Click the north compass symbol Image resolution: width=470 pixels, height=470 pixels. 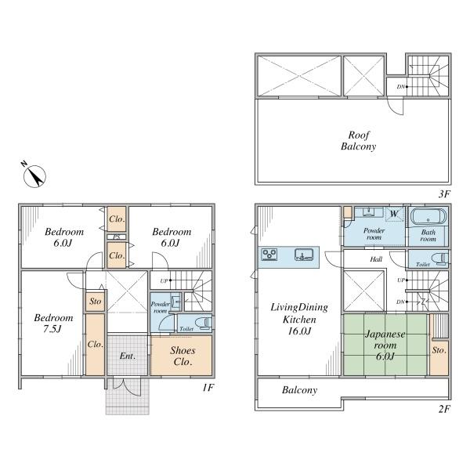click(34, 176)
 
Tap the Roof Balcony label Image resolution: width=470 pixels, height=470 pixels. click(359, 140)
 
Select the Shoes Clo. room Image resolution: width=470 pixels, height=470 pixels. click(182, 356)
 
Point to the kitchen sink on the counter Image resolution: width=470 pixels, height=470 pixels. click(304, 255)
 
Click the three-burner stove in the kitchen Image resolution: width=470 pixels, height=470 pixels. click(269, 255)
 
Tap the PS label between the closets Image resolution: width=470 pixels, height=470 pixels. click(117, 237)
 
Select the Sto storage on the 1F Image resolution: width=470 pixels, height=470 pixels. click(96, 302)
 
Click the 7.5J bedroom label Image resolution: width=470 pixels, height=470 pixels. click(53, 323)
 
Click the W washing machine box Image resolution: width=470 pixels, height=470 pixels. click(394, 215)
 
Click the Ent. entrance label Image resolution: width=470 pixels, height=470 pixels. click(128, 356)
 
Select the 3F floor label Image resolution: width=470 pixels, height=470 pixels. click(444, 194)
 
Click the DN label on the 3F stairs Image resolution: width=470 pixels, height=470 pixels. click(401, 87)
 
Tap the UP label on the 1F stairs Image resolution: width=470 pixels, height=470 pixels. click(164, 281)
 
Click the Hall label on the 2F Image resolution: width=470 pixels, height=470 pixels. click(376, 259)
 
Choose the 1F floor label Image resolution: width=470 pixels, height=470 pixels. click(208, 388)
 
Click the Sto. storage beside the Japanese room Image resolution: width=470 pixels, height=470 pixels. click(439, 350)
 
